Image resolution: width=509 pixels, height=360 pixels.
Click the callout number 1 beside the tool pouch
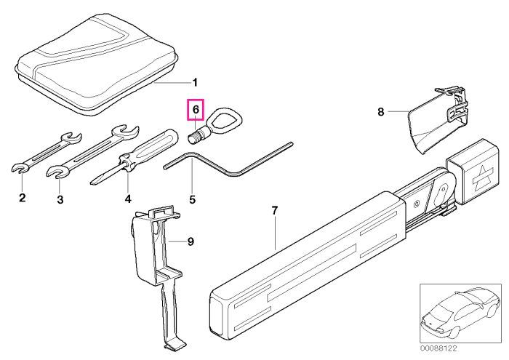pyautogui.click(x=195, y=83)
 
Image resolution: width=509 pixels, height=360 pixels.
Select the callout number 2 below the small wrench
pyautogui.click(x=22, y=197)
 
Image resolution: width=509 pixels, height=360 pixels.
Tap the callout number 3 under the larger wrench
pyautogui.click(x=60, y=199)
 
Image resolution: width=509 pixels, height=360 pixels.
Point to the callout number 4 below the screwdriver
pyautogui.click(x=128, y=199)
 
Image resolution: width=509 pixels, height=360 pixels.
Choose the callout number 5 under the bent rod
pyautogui.click(x=193, y=199)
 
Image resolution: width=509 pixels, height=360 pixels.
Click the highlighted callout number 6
pyautogui.click(x=196, y=110)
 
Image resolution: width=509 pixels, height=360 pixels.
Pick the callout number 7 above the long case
pyautogui.click(x=275, y=211)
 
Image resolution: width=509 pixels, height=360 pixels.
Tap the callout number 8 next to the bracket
pyautogui.click(x=381, y=112)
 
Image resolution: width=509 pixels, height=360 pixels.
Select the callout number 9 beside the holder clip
pyautogui.click(x=191, y=241)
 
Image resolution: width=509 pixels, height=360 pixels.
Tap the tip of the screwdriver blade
pyautogui.click(x=91, y=183)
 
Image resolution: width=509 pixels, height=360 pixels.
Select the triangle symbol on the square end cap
pyautogui.click(x=483, y=177)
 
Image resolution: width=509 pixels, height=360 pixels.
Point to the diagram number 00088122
pyautogui.click(x=438, y=348)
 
